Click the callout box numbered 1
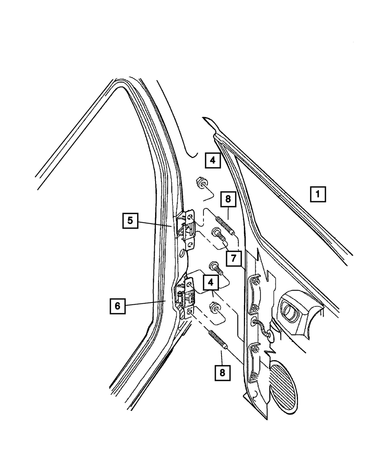point(318,194)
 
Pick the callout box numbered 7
point(234,258)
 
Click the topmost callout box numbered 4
point(212,160)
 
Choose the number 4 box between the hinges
point(210,282)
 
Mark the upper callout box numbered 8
point(228,199)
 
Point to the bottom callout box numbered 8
point(222,372)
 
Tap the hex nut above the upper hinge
point(201,182)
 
